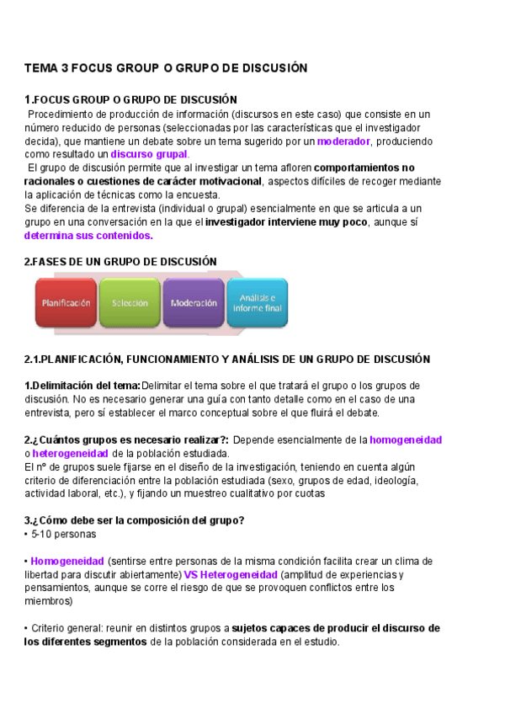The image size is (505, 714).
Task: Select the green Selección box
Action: [x=129, y=303]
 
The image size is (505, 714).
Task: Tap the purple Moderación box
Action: [x=194, y=303]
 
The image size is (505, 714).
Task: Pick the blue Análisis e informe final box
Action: [x=262, y=303]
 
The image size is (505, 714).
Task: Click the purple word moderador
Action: [x=343, y=141]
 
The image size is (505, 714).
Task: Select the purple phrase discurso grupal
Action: [x=149, y=154]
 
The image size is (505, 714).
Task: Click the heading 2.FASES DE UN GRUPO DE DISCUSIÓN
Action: [x=120, y=262]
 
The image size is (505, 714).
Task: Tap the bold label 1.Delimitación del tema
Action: [x=82, y=386]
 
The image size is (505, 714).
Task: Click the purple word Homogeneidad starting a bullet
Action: [x=67, y=561]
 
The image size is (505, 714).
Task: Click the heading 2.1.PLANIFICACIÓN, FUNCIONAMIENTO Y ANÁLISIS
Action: [x=227, y=359]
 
